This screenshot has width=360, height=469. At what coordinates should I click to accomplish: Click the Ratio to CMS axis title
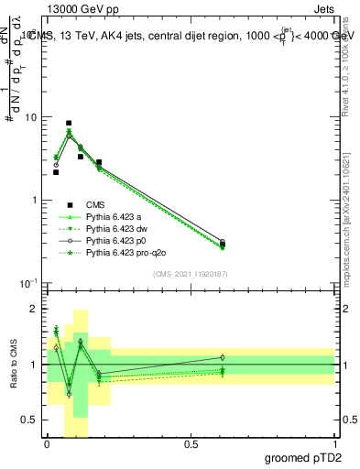[x=13, y=365]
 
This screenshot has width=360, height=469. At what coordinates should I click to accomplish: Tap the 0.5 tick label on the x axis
[x=191, y=443]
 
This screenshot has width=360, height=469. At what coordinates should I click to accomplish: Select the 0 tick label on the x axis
[x=47, y=443]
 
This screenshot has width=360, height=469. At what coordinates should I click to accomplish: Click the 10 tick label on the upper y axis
[x=31, y=117]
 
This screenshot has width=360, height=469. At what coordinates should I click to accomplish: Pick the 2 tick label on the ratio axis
[x=35, y=310]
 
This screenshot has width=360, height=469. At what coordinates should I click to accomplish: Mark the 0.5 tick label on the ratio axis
[x=30, y=420]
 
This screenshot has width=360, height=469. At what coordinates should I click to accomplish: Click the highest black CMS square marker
[x=69, y=123]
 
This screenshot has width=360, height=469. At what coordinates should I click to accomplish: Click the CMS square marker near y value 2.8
[x=99, y=162]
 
